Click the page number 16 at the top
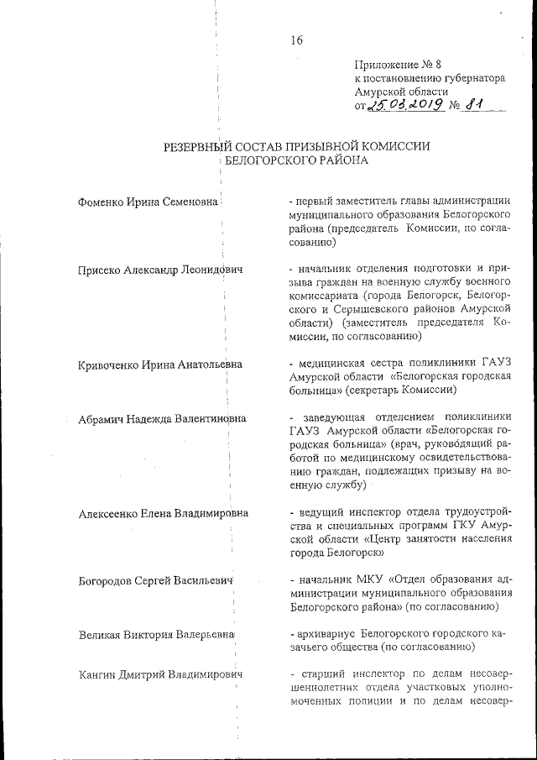coord(296,39)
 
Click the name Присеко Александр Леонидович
coord(159,270)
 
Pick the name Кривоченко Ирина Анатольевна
coord(160,364)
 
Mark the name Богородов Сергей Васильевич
coord(154,580)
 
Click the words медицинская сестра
coord(331,364)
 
